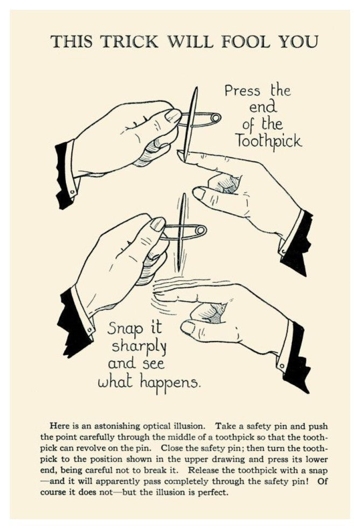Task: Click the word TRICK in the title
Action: (x=129, y=42)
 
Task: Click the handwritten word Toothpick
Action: (x=268, y=141)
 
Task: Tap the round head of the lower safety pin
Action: (x=202, y=231)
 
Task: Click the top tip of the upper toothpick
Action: (x=195, y=87)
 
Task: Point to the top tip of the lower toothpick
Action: (x=184, y=194)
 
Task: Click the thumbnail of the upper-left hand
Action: (x=174, y=116)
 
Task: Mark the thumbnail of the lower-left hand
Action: (x=157, y=224)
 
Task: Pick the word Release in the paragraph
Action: (x=202, y=470)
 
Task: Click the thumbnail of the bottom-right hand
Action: (x=188, y=327)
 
